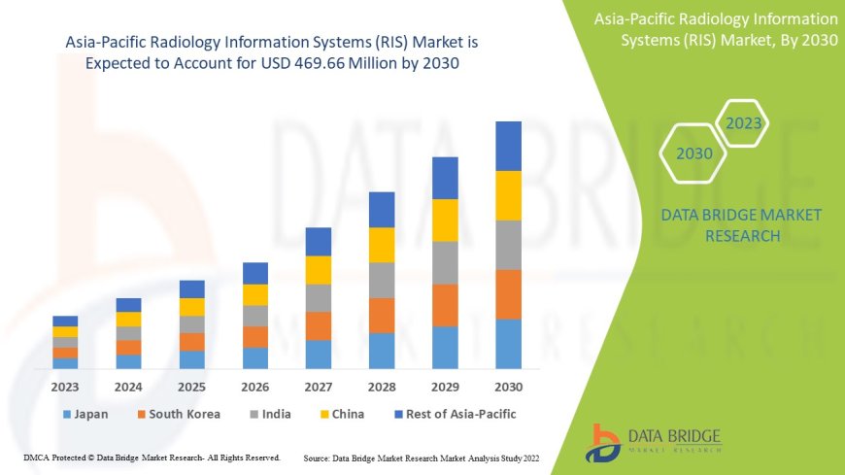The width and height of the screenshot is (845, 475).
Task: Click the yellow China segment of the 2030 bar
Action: point(508,195)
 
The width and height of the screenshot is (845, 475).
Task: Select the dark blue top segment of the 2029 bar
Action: point(445,178)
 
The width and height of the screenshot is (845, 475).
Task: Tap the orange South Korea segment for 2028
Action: point(382,315)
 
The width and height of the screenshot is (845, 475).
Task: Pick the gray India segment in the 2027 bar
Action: point(319,297)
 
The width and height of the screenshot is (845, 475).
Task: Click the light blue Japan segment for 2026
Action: point(255,358)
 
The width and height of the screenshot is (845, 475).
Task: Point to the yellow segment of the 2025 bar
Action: point(192,307)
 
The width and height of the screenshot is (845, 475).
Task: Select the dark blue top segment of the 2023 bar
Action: point(65,321)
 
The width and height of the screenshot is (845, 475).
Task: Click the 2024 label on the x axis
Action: point(128,386)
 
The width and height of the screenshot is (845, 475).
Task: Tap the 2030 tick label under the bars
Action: point(508,386)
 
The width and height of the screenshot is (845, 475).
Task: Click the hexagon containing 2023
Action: point(744,123)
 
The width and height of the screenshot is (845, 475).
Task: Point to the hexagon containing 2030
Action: point(693,153)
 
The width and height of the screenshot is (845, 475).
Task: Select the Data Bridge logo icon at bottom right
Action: point(605,443)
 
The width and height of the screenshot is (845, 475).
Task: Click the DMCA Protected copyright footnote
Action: point(152,457)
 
